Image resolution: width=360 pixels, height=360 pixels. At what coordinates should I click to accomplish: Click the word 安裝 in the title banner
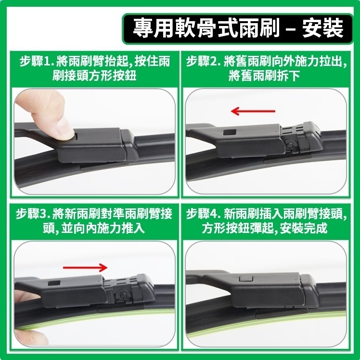click(x=322, y=28)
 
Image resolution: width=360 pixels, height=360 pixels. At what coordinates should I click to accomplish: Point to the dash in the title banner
click(x=291, y=29)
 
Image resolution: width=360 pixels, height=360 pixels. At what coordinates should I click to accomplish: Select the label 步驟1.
click(x=36, y=62)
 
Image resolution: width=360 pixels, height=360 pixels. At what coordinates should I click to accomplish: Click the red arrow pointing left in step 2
click(x=253, y=112)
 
